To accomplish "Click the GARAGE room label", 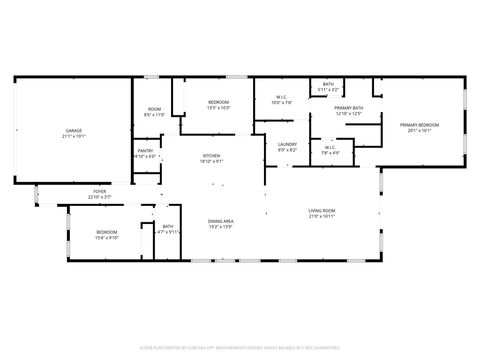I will [x=73, y=130].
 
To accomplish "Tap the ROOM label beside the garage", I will [x=154, y=109].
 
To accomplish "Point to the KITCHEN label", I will [x=212, y=155].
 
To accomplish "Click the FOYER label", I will [x=100, y=191].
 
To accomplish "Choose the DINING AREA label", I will [x=220, y=221].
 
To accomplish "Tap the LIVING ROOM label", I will [x=321, y=210].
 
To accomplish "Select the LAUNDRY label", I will [x=287, y=144].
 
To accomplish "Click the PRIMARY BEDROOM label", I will [x=420, y=124].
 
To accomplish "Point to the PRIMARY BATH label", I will [x=348, y=107].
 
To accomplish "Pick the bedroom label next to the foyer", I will [x=106, y=232].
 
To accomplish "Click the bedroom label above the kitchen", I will [x=218, y=102].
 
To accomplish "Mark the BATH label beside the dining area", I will [x=168, y=226].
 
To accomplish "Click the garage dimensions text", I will [x=73, y=135].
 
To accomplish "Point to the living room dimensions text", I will [x=321, y=216].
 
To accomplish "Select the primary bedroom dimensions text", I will [x=420, y=130].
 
